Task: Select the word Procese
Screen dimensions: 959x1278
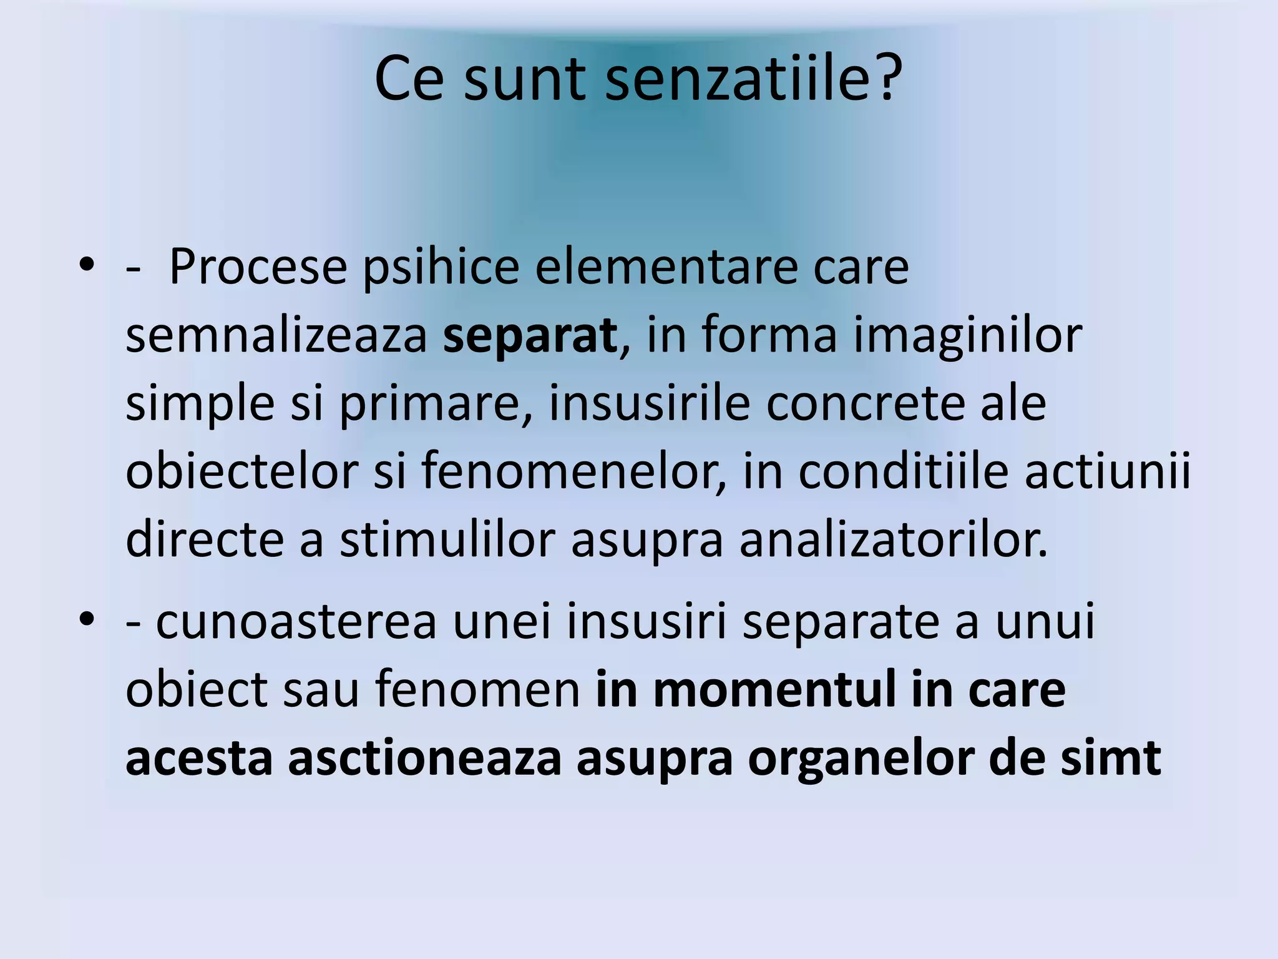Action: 258,267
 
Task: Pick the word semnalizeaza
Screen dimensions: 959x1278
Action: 276,336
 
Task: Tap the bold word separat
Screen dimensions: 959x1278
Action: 530,336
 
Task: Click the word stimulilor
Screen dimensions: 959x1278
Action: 447,540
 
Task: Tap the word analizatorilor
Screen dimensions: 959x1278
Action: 893,540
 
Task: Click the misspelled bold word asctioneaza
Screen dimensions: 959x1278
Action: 424,759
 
